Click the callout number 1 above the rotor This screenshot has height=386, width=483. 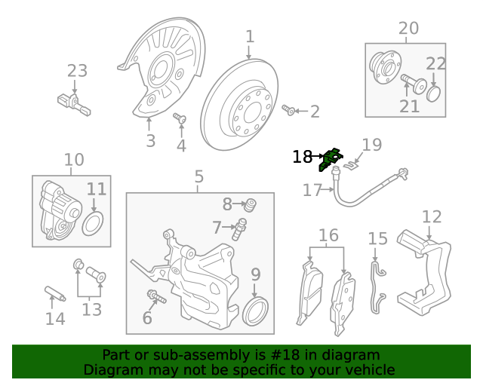pos(250,36)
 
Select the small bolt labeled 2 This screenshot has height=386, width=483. pos(288,112)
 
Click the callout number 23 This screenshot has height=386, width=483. pos(77,72)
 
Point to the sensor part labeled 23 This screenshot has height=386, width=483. pos(72,102)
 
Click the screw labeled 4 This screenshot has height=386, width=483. pos(180,118)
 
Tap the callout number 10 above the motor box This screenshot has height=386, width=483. pos(74,160)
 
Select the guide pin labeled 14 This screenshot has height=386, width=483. pos(56,293)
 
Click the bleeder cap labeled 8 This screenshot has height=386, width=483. pos(252,204)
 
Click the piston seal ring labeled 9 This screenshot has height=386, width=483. pos(255,311)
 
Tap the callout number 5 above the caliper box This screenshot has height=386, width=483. pos(198,177)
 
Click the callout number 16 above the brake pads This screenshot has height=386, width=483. pos(328,235)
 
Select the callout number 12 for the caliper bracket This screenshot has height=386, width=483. pos(432,217)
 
